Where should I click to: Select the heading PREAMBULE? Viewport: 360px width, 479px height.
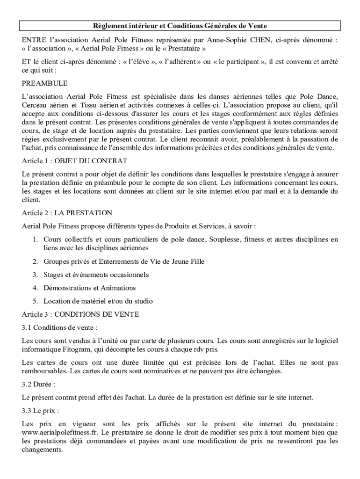44,83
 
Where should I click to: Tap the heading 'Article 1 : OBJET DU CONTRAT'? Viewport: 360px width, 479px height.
74,161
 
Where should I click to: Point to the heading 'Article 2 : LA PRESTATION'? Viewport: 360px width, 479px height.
67,213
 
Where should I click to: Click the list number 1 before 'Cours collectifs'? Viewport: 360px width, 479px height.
35,239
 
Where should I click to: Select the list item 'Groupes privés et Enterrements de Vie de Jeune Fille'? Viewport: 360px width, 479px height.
124,261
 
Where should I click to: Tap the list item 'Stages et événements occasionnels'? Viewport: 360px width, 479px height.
96,275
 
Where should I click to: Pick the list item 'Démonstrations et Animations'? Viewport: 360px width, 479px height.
90,288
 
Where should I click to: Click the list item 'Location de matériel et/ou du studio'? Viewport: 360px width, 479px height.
98,301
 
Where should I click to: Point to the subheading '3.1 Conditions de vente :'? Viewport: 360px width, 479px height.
60,327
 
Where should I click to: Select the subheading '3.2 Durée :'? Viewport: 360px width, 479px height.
39,384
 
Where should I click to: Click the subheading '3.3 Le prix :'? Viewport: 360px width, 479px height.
41,411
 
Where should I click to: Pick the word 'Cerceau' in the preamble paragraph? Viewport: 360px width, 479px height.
35,105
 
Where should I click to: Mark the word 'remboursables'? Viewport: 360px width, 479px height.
44,371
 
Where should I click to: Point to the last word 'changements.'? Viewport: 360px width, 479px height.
42,450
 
